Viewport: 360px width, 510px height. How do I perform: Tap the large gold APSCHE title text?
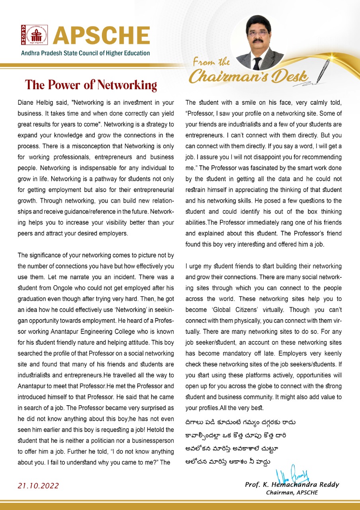102,35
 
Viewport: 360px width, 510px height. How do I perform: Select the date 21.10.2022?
38,486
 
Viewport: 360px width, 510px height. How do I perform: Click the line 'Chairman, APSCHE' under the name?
292,492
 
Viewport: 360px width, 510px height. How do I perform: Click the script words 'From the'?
211,61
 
